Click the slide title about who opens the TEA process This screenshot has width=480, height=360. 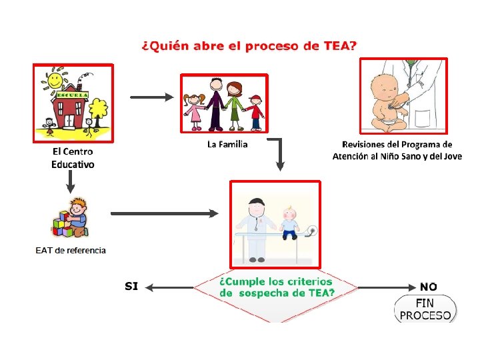point(249,46)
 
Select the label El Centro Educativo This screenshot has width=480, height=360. point(73,158)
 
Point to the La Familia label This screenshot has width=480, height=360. point(227,144)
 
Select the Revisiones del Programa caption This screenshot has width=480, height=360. point(397,150)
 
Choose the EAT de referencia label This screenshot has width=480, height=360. point(71,251)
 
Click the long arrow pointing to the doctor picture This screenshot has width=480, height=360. point(164,213)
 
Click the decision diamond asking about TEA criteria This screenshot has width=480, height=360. point(276,287)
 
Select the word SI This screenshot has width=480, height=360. point(131,286)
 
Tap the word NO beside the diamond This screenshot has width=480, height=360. point(429,287)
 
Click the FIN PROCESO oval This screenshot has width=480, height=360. point(426,309)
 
